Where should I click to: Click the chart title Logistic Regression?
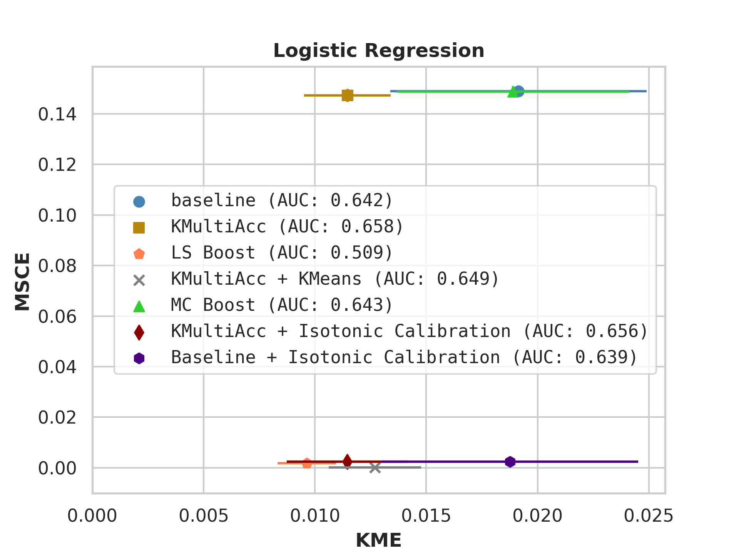(x=378, y=51)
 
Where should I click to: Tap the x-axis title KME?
(x=378, y=540)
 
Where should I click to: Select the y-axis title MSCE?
(x=22, y=281)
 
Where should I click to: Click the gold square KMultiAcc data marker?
(x=347, y=95)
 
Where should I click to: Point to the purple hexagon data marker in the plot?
(x=510, y=462)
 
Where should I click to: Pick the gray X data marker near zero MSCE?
(x=375, y=468)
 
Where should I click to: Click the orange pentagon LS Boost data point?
(x=307, y=463)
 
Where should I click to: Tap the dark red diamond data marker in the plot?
(x=347, y=461)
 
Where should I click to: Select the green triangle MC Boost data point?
(x=513, y=92)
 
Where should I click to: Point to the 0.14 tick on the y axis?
(x=57, y=114)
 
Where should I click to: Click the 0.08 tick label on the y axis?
(x=57, y=266)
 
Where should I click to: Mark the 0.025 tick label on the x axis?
(x=649, y=516)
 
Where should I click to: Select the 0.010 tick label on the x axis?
(x=315, y=516)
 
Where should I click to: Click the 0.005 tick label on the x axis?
(x=204, y=516)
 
